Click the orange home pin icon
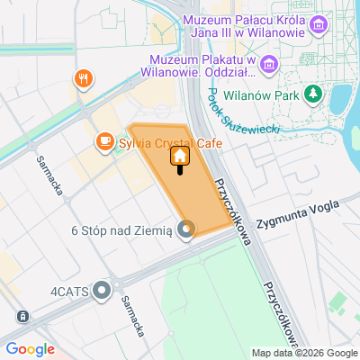coord(179,157)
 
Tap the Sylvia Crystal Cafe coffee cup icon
coord(104,141)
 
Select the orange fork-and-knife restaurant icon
coord(83,78)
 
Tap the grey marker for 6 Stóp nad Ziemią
coord(185,230)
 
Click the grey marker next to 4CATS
coord(102,291)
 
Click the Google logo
coord(30,349)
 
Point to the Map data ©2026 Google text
coord(304,353)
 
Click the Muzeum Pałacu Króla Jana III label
coord(243,28)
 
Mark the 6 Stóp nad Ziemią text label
coord(121,230)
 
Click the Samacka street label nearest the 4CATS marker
coord(132,316)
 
